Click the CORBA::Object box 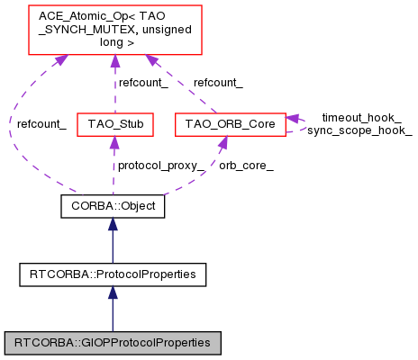(x=113, y=206)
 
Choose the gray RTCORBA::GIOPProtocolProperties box (x=113, y=342)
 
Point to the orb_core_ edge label (x=245, y=166)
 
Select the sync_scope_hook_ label (x=359, y=131)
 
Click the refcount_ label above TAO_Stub (x=144, y=83)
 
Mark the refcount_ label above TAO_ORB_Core (x=218, y=83)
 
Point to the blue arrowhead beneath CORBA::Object (x=113, y=224)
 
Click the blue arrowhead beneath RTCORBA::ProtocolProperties (x=113, y=292)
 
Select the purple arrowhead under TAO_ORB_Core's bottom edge (x=221, y=141)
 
